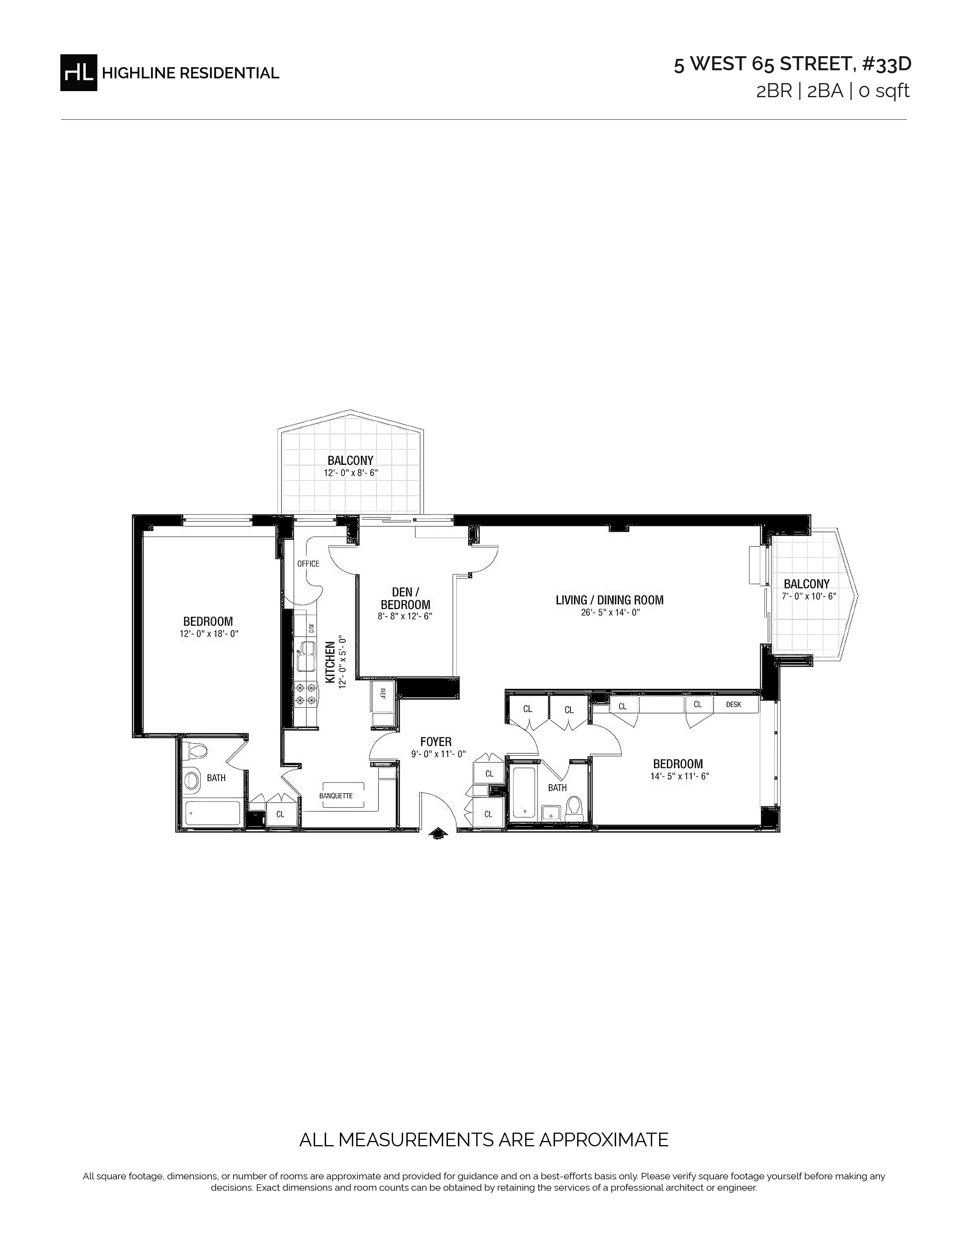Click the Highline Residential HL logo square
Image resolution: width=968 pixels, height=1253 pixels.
point(79,72)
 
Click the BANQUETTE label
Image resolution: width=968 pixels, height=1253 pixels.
point(336,796)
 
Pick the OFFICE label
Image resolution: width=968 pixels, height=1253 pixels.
point(308,563)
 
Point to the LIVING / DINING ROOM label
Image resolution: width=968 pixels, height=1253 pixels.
point(610,600)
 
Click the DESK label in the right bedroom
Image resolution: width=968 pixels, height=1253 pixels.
point(733,704)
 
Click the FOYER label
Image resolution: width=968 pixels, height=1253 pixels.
point(436,742)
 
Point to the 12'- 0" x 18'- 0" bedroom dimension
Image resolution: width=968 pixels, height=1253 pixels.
point(208,634)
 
